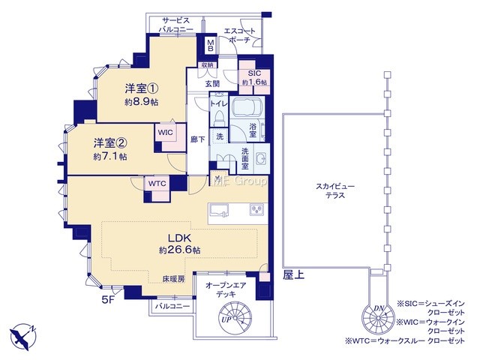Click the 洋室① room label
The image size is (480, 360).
pyautogui.click(x=141, y=88)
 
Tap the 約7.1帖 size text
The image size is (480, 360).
pyautogui.click(x=110, y=157)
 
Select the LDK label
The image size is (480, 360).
pyautogui.click(x=180, y=238)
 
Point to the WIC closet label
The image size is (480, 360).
pyautogui.click(x=165, y=133)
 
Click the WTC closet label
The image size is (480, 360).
pyautogui.click(x=157, y=183)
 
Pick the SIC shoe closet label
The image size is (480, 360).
pyautogui.click(x=254, y=73)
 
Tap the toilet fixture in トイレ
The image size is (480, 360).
pyautogui.click(x=218, y=117)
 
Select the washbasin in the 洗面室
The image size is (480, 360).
pyautogui.click(x=261, y=159)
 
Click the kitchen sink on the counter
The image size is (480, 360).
pyautogui.click(x=218, y=210)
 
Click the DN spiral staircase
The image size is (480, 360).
pyautogui.click(x=378, y=318)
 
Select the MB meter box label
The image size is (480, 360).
pyautogui.click(x=211, y=45)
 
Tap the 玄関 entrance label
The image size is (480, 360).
pyautogui.click(x=212, y=83)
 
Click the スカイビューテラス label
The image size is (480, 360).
pyautogui.click(x=335, y=190)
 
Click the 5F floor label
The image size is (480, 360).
pyautogui.click(x=108, y=300)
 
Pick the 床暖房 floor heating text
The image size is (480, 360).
pyautogui.click(x=173, y=279)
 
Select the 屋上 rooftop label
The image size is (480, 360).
pyautogui.click(x=293, y=275)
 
